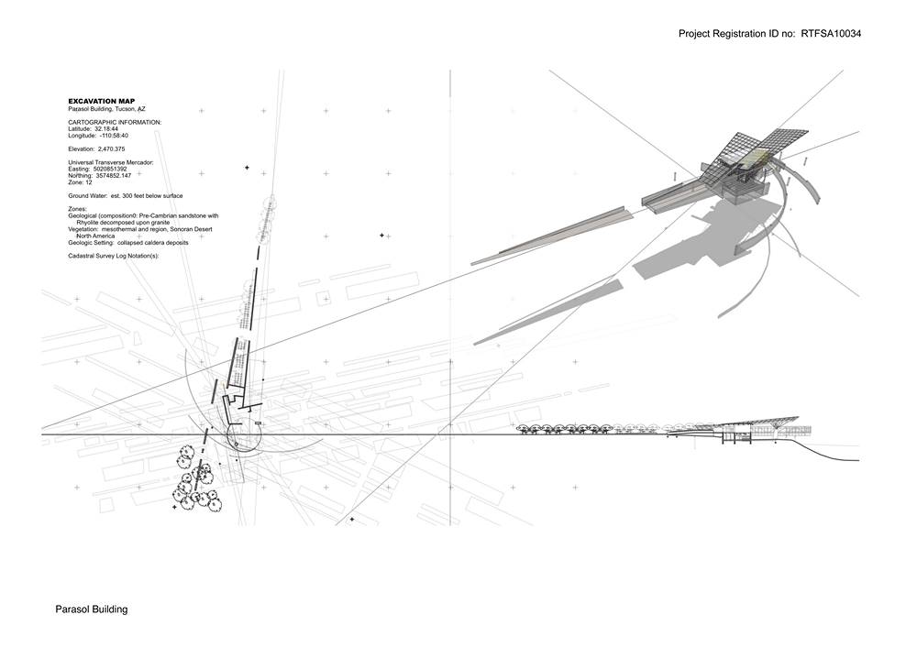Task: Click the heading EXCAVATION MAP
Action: (x=101, y=102)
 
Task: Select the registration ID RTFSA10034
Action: (x=831, y=34)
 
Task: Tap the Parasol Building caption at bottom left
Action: (x=91, y=610)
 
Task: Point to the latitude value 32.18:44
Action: (x=106, y=128)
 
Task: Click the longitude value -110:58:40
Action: (x=114, y=136)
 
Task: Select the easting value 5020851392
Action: (x=110, y=169)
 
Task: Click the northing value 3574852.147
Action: (x=114, y=175)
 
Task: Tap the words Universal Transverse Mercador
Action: (x=111, y=162)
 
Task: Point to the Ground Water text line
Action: (x=125, y=196)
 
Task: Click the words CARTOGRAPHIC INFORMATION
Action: (x=115, y=122)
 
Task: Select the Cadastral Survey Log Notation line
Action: (x=114, y=256)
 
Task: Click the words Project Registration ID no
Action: (x=736, y=34)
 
